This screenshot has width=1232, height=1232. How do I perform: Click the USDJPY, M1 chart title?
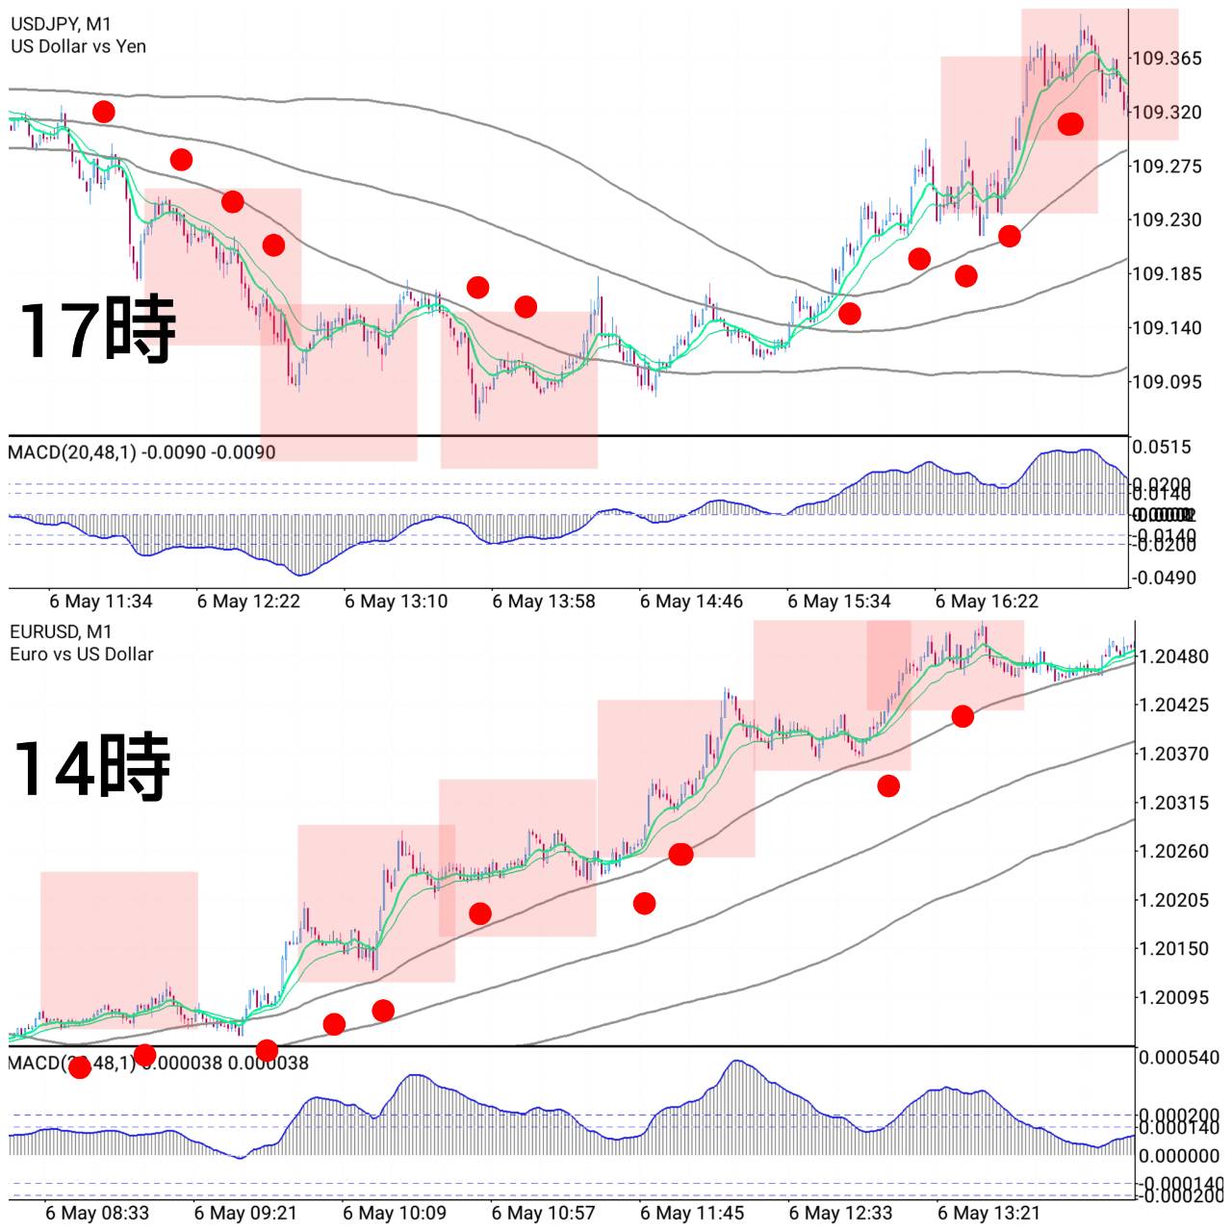(x=62, y=24)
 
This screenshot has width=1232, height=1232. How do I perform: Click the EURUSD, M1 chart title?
(x=62, y=631)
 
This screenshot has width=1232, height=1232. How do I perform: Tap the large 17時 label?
(x=97, y=329)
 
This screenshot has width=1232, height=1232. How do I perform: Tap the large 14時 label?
(x=92, y=767)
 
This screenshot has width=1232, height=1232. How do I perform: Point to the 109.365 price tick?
(x=1167, y=59)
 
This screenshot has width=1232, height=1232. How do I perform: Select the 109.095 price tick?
(x=1167, y=382)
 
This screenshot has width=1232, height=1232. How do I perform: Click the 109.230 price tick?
(x=1167, y=220)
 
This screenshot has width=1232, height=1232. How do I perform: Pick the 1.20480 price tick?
(x=1173, y=656)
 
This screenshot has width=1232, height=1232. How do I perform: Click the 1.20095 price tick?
(x=1173, y=997)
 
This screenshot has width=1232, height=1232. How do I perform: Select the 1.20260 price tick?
(x=1173, y=851)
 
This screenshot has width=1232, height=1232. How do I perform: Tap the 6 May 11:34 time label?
(x=100, y=602)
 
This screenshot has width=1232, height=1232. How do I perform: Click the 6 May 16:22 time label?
(x=987, y=602)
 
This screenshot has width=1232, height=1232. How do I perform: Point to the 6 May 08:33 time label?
(x=97, y=1213)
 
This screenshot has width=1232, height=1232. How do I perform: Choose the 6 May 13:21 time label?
(x=989, y=1213)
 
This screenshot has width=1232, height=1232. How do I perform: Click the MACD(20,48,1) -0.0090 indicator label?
(x=141, y=452)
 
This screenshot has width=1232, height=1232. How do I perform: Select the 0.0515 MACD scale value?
(x=1162, y=447)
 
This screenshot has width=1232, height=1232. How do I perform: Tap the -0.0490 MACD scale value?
(x=1165, y=578)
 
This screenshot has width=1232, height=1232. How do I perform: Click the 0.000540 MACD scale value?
(x=1179, y=1058)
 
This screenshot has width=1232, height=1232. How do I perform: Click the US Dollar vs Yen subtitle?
(x=79, y=46)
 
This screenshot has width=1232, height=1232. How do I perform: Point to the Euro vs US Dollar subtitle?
(x=82, y=654)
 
